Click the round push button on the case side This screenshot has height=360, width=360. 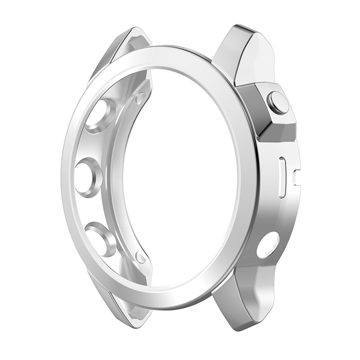278,102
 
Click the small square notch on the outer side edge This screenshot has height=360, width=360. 296,177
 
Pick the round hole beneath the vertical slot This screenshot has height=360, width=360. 268,245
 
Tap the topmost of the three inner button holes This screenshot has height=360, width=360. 100,115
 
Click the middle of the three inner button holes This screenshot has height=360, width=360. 88,177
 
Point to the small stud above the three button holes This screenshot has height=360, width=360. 141,98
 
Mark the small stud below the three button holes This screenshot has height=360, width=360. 141,257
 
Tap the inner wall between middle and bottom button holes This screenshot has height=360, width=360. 91,209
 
